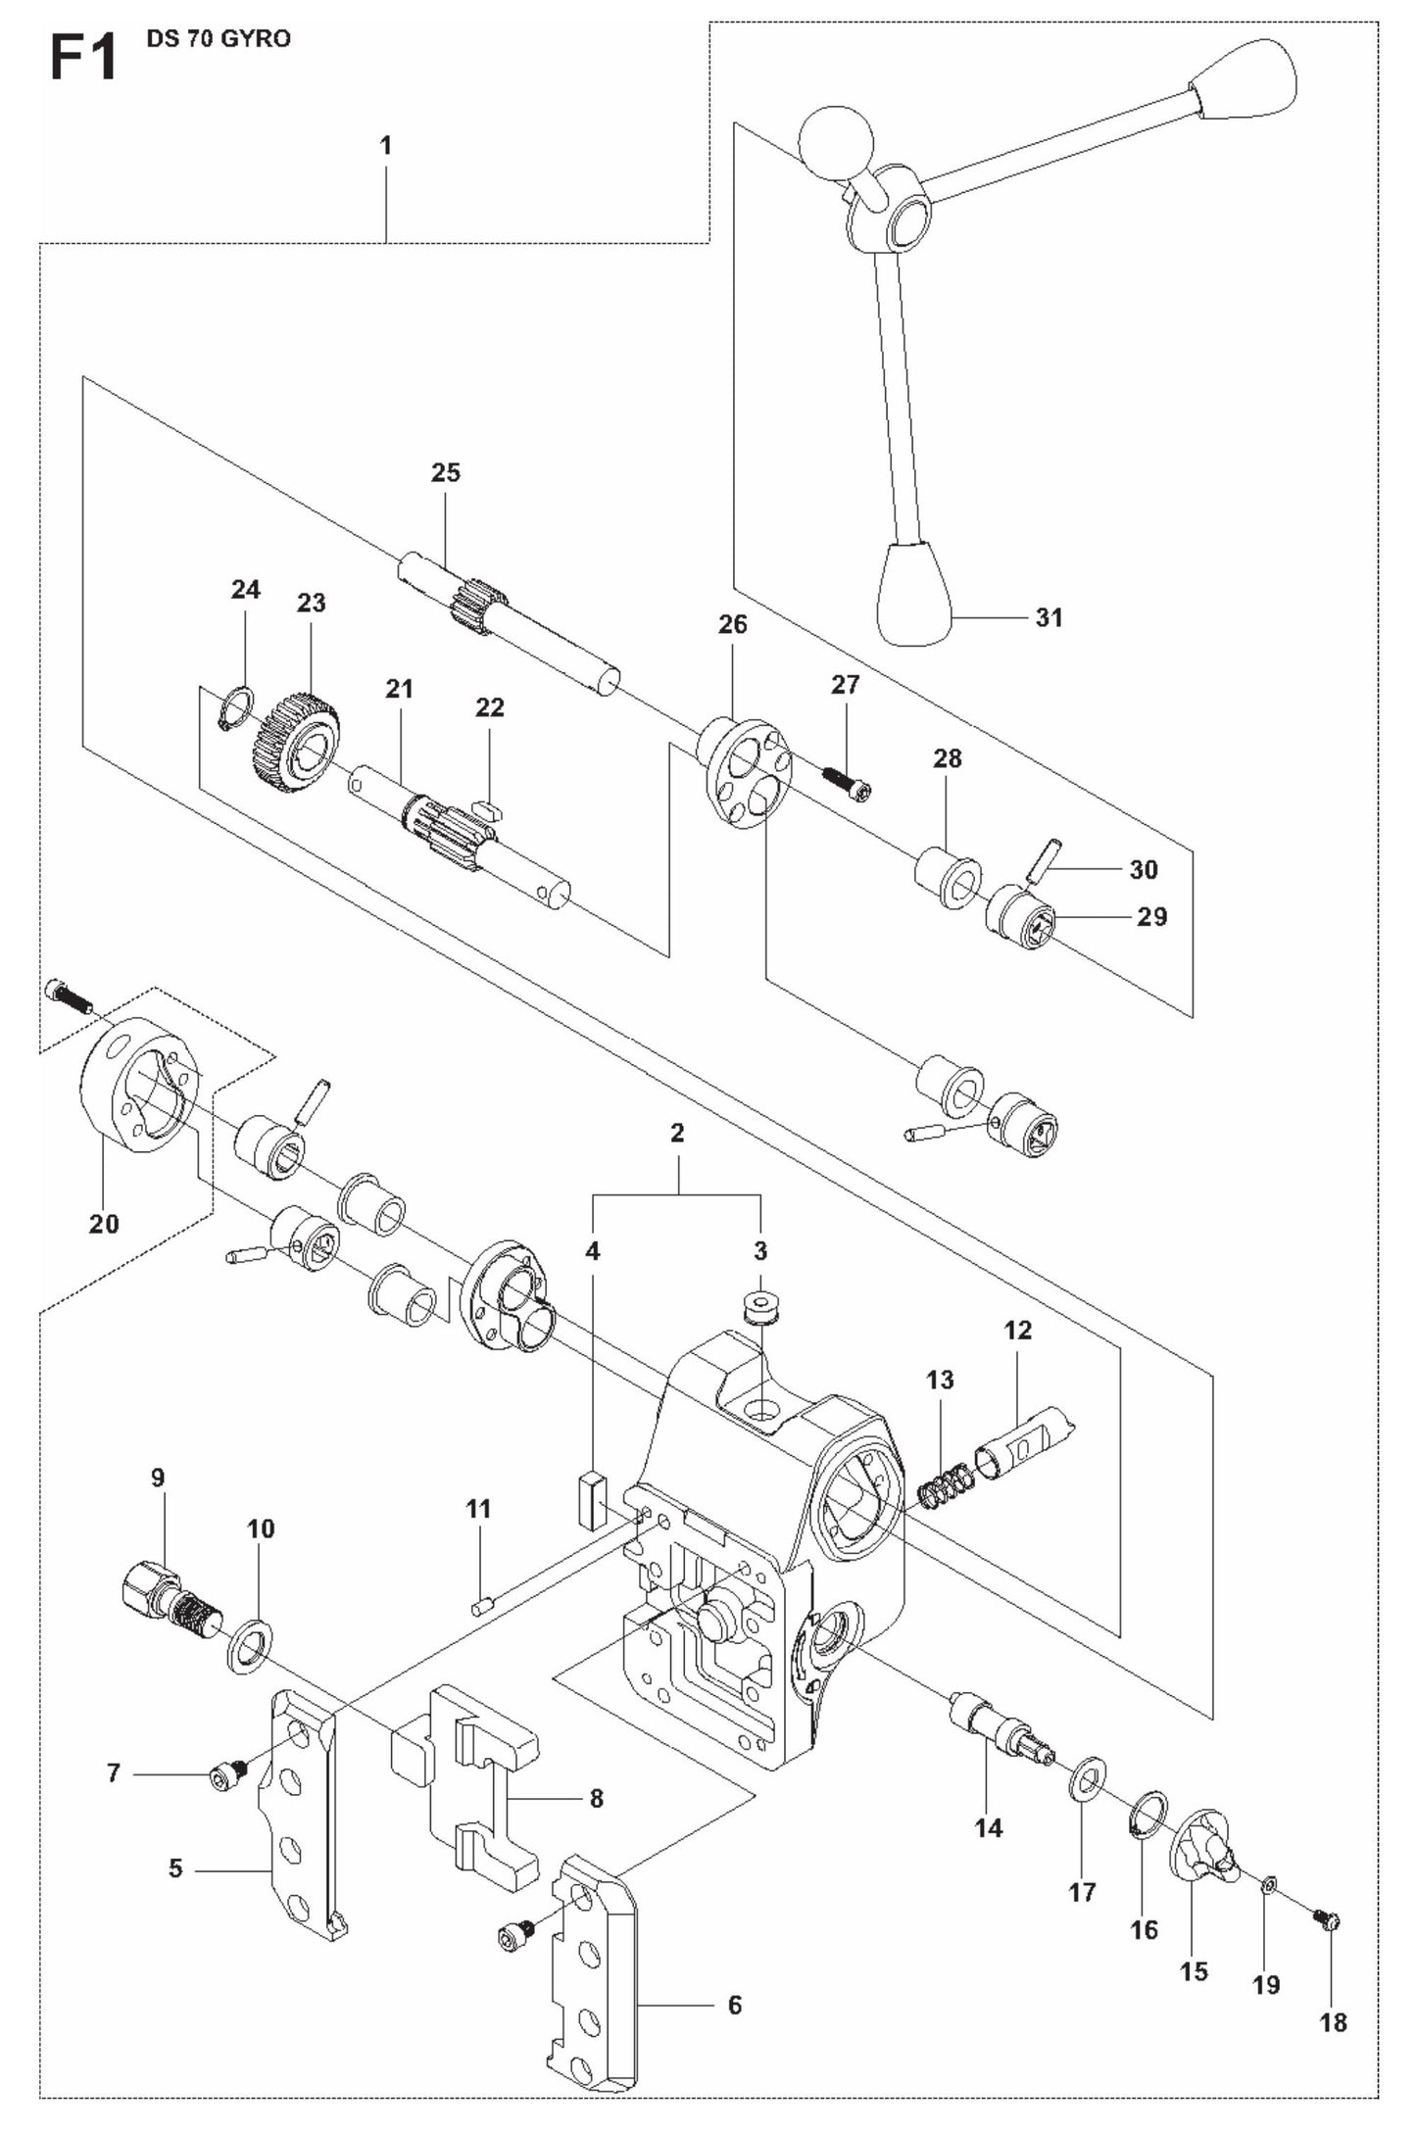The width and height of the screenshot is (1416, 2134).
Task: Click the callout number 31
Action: (1049, 617)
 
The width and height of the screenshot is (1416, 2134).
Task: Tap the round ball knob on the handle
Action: (835, 143)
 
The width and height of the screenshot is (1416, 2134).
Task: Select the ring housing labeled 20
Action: (139, 1094)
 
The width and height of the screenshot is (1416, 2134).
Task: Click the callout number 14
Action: (989, 1827)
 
